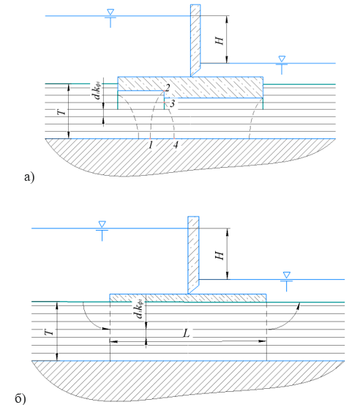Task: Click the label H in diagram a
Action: tap(220, 40)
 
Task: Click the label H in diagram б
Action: tap(220, 256)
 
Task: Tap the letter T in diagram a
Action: tap(61, 112)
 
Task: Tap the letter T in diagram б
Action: tap(49, 331)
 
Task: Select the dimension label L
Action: tap(186, 333)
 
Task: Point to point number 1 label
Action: tap(151, 145)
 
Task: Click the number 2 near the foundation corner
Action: tap(168, 88)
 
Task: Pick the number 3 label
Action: tap(172, 103)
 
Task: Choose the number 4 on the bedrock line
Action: tap(176, 145)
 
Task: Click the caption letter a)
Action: tap(29, 177)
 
